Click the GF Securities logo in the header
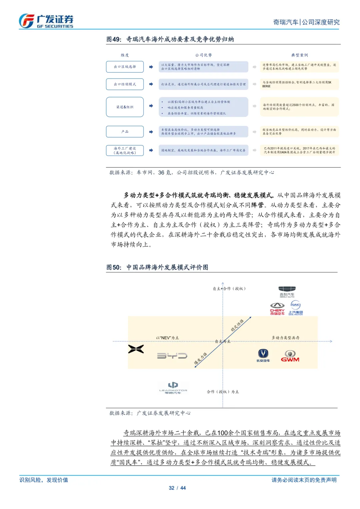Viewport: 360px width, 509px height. pos(46,21)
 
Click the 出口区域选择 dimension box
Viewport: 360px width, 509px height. pos(125,67)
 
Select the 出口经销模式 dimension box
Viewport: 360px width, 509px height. pos(125,84)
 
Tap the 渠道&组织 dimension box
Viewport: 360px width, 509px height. pos(125,107)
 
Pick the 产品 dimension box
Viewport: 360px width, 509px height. pos(125,132)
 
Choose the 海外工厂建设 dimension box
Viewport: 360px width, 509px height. pos(125,150)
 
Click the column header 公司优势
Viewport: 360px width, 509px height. pos(203,55)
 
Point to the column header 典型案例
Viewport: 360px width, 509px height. pos(299,55)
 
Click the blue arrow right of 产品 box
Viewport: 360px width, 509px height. pos(151,132)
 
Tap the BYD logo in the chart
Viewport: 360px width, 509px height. pos(172,356)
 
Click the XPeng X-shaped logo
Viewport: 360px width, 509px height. pos(136,349)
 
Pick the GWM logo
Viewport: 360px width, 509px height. pos(290,356)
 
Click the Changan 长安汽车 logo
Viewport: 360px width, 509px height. pos(263,355)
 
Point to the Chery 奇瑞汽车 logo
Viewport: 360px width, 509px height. pos(277,309)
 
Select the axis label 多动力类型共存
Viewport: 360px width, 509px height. pos(285,338)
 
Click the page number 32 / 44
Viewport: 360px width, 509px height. pos(177,488)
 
